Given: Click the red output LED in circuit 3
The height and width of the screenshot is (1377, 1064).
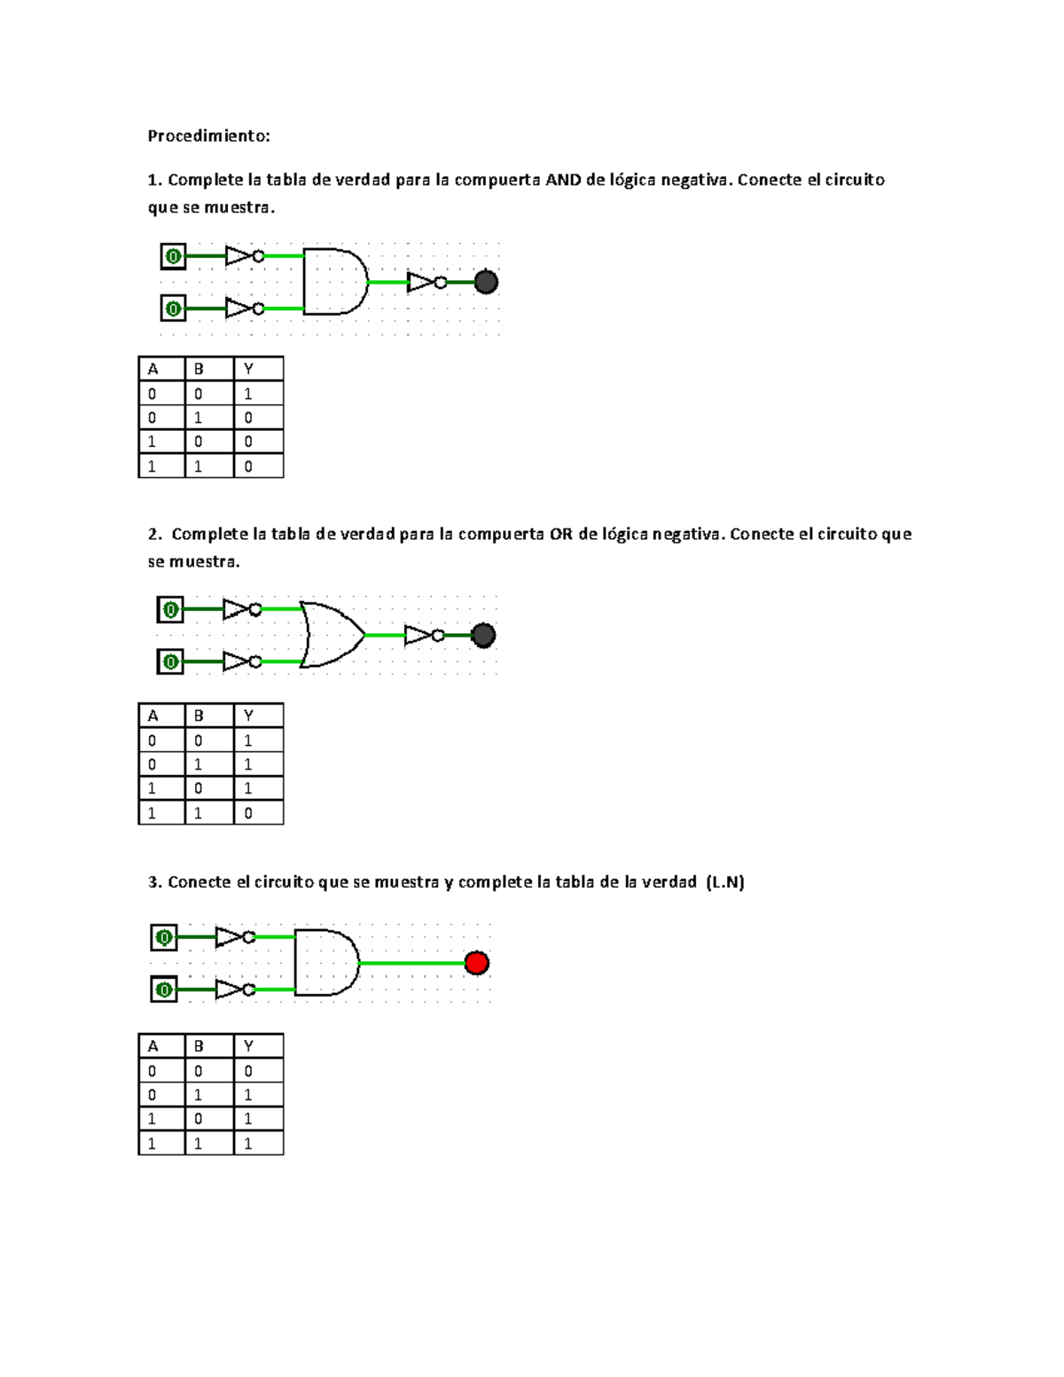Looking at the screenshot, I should coord(476,963).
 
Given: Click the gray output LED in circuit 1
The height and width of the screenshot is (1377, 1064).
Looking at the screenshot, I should coord(486,283).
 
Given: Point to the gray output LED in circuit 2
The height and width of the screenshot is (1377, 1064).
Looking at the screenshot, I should coord(483,635).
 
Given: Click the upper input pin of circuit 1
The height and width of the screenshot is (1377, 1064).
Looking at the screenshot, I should coord(173,256).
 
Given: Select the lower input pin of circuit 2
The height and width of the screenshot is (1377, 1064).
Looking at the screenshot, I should coord(170,661).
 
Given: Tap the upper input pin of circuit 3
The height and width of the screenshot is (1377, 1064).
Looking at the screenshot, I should coord(164,937).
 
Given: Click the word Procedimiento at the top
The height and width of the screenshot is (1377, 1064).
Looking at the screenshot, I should coord(208,136).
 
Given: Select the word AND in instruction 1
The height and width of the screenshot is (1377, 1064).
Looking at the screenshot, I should coord(563,180).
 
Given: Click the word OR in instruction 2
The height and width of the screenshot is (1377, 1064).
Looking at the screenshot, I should coord(561,534).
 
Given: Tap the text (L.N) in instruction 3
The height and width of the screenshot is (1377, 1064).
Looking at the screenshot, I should coord(725,882).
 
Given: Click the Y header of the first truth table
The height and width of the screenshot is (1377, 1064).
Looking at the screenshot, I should coord(248,369).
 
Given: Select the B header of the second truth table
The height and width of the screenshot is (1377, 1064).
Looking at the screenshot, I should coord(199,716).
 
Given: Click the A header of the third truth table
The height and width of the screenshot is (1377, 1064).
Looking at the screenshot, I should coord(153,1046).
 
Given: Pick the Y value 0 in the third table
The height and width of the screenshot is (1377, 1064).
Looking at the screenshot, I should coord(248,1071).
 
